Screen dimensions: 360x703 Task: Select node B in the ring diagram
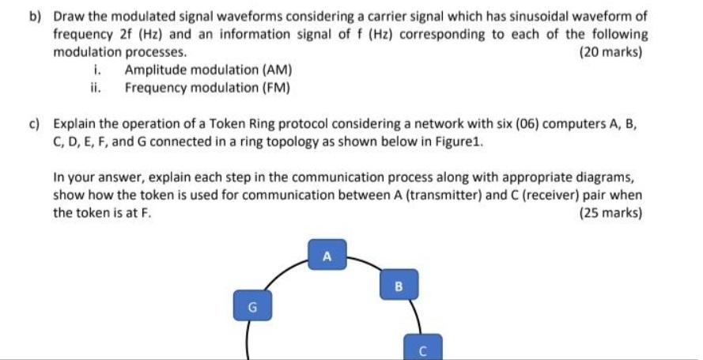point(399,284)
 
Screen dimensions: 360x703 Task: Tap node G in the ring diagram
point(251,303)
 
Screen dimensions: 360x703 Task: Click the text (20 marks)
point(610,52)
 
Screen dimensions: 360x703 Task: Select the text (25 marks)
point(610,213)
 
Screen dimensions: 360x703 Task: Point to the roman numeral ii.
point(96,87)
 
